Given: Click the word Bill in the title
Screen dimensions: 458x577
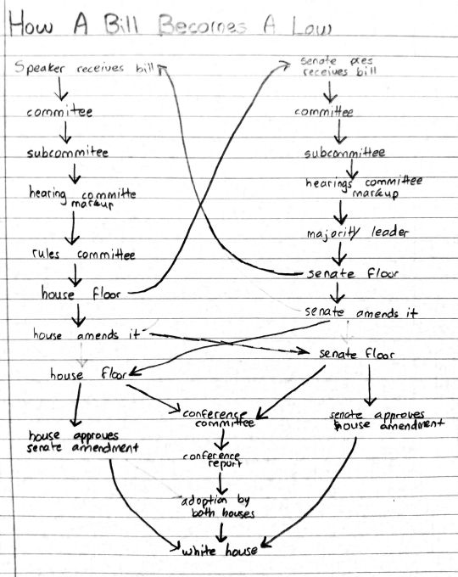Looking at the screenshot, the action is [120, 25].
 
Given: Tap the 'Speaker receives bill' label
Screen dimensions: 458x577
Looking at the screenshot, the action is [84, 68].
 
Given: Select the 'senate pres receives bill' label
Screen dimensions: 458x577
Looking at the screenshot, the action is [338, 66].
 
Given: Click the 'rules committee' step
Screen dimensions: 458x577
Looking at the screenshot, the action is [83, 255].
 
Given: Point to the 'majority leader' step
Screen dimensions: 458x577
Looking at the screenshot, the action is [358, 232].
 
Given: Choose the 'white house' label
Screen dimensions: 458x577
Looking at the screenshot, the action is [220, 551].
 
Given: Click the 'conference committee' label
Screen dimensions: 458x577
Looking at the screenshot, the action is [219, 418].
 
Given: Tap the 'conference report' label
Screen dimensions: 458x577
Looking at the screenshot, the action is [213, 460].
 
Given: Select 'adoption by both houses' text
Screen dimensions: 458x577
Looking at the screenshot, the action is [218, 507].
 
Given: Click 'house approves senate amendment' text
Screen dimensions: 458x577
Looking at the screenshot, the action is [83, 441].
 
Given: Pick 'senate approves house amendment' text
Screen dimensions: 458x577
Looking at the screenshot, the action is [387, 420].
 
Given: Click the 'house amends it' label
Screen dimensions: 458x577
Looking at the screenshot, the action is [87, 334].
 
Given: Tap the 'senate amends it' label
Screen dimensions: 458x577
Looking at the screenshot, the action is [361, 312].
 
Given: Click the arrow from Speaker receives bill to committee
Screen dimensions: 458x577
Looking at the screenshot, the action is [60, 89].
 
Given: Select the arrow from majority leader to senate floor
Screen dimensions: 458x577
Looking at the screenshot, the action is [339, 253].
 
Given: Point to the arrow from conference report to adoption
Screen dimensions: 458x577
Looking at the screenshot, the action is [221, 484].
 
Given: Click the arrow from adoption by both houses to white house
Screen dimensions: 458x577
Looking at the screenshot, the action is [221, 532].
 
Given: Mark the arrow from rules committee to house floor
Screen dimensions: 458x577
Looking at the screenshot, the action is [75, 275].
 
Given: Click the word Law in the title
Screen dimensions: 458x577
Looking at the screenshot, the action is [312, 26].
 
